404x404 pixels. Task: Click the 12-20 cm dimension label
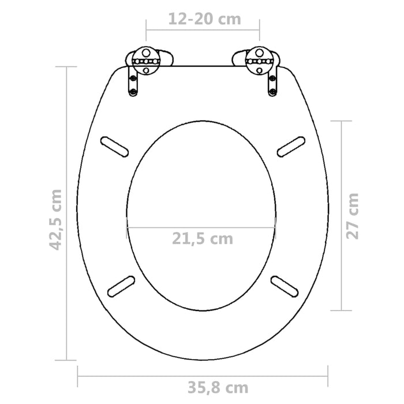pyautogui.click(x=204, y=20)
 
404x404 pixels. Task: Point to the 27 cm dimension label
pyautogui.click(x=353, y=215)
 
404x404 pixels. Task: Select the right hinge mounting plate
pyautogui.click(x=259, y=60)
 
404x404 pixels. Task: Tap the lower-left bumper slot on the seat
pyautogui.click(x=122, y=286)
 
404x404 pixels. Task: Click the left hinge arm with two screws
pyautogui.click(x=133, y=81)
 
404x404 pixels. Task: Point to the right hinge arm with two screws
pyautogui.click(x=271, y=81)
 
